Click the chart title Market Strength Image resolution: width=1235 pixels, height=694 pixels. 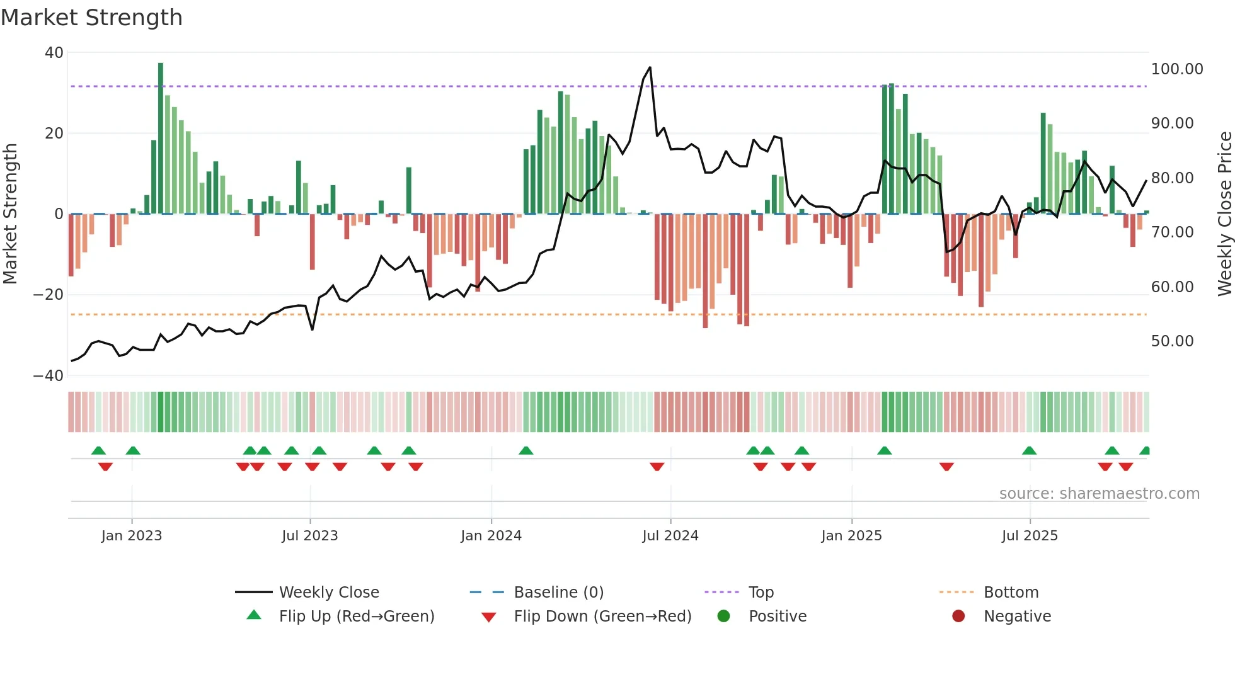91,18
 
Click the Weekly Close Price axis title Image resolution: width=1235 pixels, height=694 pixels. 1224,214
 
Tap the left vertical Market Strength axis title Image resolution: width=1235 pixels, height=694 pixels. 11,214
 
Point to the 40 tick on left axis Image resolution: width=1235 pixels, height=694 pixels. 54,53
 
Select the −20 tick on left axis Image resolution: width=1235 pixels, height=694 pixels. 49,295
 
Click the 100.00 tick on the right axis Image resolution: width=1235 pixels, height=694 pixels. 1176,69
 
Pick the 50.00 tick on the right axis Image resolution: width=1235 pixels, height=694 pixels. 1172,341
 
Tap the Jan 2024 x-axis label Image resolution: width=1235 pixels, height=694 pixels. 491,536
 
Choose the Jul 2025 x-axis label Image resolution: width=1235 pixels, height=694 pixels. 1030,536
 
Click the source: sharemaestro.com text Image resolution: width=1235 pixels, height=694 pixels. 1099,494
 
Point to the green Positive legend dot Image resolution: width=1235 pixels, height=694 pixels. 723,617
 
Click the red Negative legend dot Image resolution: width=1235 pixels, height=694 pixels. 958,617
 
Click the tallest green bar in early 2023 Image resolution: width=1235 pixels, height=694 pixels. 161,139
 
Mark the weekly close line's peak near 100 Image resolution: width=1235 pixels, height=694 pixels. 650,68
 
